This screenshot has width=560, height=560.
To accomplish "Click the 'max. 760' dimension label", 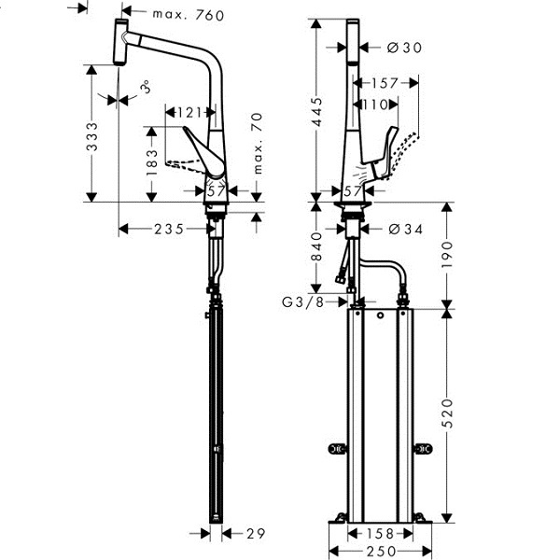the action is click(189, 15).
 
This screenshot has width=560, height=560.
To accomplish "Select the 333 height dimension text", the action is click(92, 136).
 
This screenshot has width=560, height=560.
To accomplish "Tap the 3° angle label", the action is click(146, 87).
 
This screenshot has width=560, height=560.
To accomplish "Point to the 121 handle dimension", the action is click(189, 113).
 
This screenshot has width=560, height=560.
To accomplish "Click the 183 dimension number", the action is click(152, 162).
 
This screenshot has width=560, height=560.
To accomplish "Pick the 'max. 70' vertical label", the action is click(258, 144).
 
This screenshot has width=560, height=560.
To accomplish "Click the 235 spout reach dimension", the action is click(169, 230).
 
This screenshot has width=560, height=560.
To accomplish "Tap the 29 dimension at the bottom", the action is click(256, 534).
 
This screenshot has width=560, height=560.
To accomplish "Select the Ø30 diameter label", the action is click(405, 48).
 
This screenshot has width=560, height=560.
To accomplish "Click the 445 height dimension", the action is click(316, 112).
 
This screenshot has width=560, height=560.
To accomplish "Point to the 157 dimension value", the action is click(385, 84).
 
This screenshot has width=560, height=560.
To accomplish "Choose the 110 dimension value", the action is click(375, 105).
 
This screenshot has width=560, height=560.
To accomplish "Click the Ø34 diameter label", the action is click(405, 230).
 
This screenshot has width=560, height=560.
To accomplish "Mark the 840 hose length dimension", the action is click(316, 246).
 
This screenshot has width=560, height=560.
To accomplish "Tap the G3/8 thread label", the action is click(302, 302).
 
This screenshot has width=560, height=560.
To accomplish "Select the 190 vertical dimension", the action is click(447, 255).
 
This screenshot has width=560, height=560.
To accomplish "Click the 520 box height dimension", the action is click(447, 413).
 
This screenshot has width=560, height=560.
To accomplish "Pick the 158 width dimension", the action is click(381, 534).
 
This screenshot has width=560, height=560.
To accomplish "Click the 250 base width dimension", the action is click(381, 552).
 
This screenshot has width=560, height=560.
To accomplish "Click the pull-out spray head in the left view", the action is click(120, 42).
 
